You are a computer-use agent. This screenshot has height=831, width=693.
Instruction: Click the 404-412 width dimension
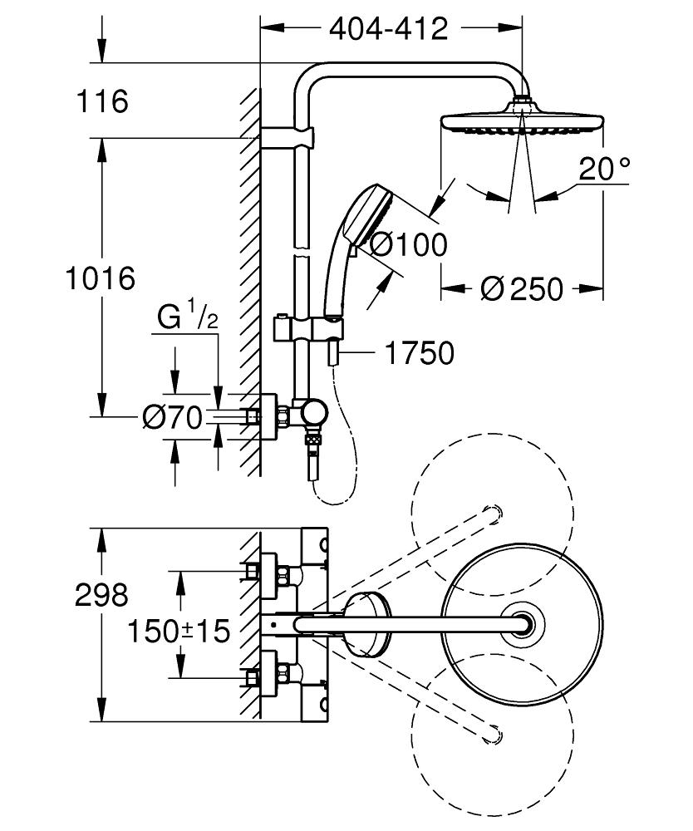[389, 28]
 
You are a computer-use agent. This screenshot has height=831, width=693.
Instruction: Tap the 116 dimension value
[102, 102]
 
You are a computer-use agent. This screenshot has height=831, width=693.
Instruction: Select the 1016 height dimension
[101, 278]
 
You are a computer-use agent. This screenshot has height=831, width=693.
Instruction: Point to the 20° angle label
[604, 170]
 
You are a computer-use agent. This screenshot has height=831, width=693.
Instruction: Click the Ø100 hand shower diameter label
[407, 244]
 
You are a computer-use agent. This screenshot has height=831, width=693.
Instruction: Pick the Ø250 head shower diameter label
[521, 289]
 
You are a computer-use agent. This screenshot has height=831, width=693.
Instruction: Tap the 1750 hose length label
[419, 353]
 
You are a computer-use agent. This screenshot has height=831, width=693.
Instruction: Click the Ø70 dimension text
[172, 418]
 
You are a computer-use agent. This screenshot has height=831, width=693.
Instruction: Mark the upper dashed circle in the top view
[493, 515]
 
